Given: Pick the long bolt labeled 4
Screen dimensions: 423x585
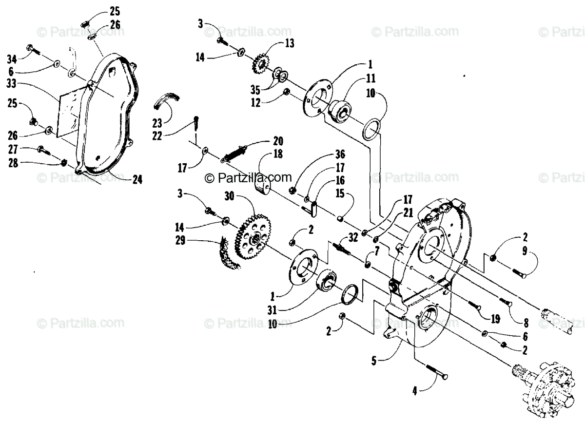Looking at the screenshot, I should coord(427,365).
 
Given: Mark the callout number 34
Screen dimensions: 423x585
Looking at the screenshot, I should coord(12,59).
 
